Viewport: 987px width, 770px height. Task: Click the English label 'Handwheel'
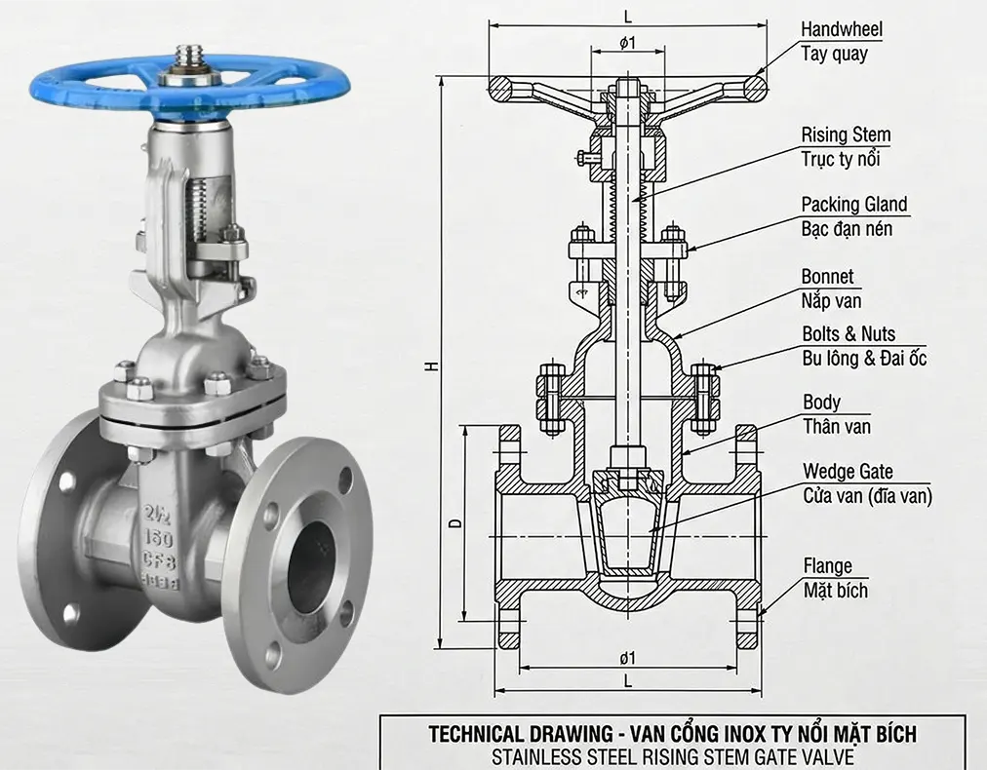(841, 29)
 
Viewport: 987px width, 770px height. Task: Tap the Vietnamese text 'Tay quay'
(834, 55)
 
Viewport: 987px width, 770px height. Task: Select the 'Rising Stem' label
(846, 135)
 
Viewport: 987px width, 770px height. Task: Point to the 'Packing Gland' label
(854, 205)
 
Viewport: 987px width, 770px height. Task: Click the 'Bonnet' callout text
(827, 277)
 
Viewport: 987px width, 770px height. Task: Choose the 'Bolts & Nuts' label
(848, 334)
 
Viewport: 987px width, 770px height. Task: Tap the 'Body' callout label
(821, 403)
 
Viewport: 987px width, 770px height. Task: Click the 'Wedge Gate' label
(848, 473)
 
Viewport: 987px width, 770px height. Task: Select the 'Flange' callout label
(827, 566)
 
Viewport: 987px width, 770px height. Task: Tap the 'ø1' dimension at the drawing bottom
(628, 657)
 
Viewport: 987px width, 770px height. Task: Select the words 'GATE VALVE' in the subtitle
(800, 754)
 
